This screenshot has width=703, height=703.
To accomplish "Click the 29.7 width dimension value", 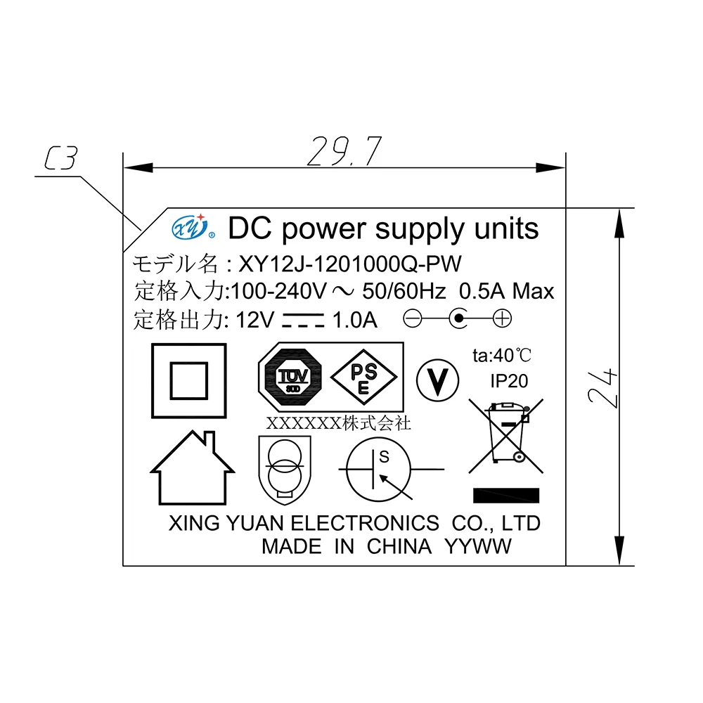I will click(344, 151).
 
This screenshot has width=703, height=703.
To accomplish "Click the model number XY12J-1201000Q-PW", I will click(350, 264).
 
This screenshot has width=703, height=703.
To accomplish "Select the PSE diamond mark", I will click(363, 378).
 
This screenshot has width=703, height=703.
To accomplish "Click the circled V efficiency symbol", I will click(437, 381).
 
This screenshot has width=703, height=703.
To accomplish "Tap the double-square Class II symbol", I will click(189, 381).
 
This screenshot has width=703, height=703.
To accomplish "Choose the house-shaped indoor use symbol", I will click(191, 468).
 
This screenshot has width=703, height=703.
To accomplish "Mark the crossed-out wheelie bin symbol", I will click(506, 435).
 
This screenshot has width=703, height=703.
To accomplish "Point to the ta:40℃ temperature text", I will click(502, 355).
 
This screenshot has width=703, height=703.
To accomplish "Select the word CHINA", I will click(399, 546).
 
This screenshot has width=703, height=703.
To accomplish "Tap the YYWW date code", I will click(479, 546).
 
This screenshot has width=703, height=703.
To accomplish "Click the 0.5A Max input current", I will click(506, 291).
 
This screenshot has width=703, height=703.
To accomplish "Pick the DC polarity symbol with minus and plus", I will click(458, 319).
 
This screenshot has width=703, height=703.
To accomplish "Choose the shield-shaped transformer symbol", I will click(283, 468).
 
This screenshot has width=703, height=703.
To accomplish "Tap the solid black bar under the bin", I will click(506, 495).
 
